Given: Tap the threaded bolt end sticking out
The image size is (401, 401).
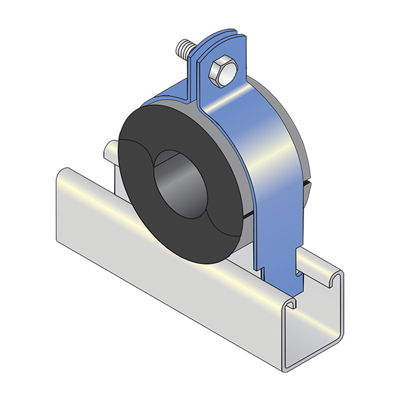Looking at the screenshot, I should click(x=184, y=48).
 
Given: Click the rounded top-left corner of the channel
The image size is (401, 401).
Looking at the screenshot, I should click(x=62, y=176).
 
